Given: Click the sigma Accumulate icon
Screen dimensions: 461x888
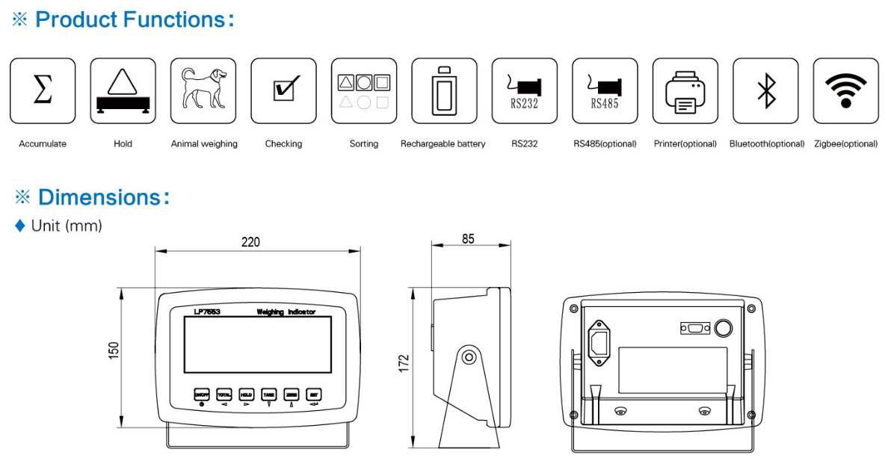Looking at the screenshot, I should (x=43, y=90).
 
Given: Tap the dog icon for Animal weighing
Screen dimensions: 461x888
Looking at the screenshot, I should (x=203, y=90).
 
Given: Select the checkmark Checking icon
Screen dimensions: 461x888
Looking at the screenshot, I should (x=283, y=90).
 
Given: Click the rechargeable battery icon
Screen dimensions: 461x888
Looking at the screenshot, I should (x=444, y=90).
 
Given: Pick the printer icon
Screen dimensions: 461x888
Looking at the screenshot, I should (x=685, y=90).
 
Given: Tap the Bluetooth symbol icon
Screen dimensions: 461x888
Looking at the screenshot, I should (x=765, y=90).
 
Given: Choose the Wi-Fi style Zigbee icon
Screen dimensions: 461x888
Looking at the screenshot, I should (x=845, y=90).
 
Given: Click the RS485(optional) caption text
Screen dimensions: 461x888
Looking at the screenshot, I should (x=605, y=143).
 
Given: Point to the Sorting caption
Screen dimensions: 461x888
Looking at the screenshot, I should (x=364, y=143).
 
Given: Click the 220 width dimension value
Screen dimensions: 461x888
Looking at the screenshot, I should (x=250, y=242).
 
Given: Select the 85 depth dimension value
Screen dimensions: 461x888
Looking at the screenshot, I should (x=468, y=240).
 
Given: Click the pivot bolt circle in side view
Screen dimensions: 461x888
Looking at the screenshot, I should (x=469, y=356).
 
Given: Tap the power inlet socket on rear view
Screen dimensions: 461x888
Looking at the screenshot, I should (x=599, y=343).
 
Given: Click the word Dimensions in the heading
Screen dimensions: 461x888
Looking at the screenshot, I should (x=99, y=197).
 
